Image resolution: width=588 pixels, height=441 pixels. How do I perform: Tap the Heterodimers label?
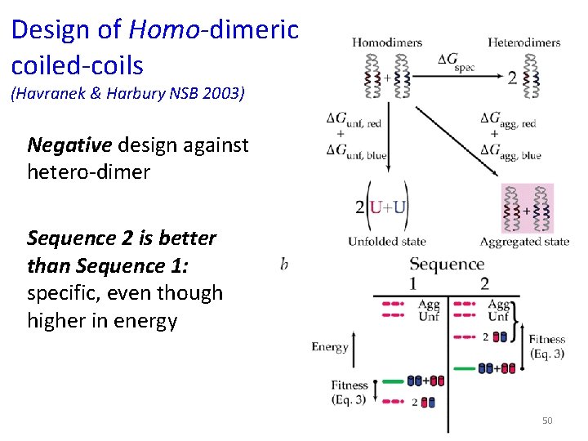pyautogui.click(x=523, y=42)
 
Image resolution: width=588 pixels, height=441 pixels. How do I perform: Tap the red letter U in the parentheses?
pyautogui.click(x=376, y=207)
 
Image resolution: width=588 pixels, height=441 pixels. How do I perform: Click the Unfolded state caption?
pyautogui.click(x=386, y=241)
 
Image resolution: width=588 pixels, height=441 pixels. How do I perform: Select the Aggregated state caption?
pyautogui.click(x=524, y=241)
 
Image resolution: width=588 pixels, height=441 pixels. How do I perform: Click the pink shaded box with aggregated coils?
pyautogui.click(x=527, y=209)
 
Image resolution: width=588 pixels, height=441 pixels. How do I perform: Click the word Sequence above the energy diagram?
pyautogui.click(x=447, y=264)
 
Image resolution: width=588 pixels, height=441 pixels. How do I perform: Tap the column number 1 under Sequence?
pyautogui.click(x=414, y=283)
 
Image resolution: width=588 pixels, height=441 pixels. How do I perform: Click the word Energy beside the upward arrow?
pyautogui.click(x=330, y=347)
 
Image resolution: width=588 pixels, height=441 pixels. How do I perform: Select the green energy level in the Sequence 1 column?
pyautogui.click(x=394, y=381)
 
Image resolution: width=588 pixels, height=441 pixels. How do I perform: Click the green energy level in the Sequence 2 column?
pyautogui.click(x=465, y=368)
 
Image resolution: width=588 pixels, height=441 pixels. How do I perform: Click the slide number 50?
pyautogui.click(x=547, y=421)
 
